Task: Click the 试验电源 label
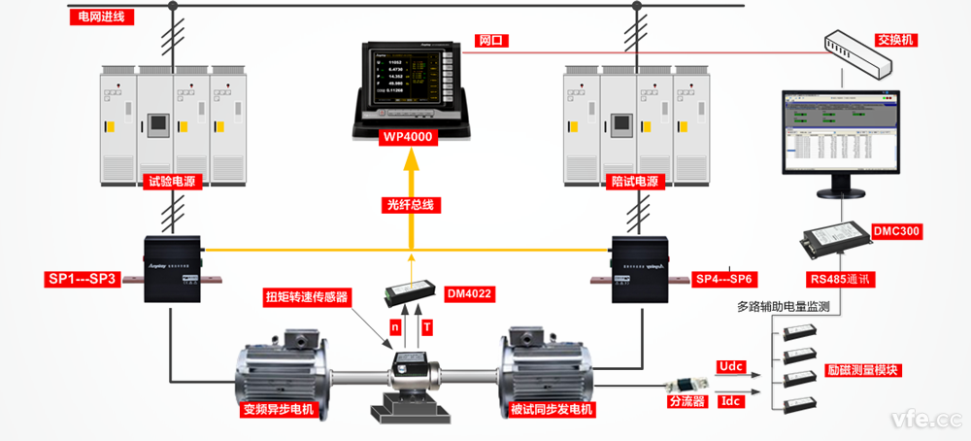coord(172,182)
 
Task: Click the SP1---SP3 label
coord(84,280)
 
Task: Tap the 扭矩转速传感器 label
coord(307,296)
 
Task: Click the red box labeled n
coord(394,327)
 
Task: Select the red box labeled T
coord(428,327)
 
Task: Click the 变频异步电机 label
coord(281,409)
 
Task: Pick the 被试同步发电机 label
coord(551,409)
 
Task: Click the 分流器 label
coord(686,400)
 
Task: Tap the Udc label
coord(731,363)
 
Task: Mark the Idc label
coord(731,400)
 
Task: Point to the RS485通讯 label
coord(839,280)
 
